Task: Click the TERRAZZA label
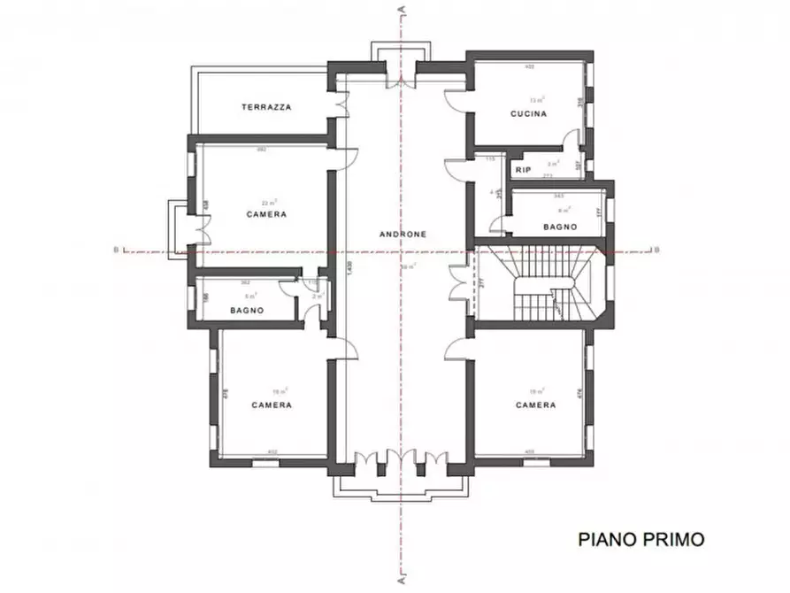266,107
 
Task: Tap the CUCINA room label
528,114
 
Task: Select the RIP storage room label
522,168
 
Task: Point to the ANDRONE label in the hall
403,235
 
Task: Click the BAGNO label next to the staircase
561,227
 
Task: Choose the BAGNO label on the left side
248,311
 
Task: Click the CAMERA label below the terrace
266,215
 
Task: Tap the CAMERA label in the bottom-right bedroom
536,404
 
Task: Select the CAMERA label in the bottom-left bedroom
272,405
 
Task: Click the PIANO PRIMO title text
641,538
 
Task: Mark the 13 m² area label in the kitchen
537,101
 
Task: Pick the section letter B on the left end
116,250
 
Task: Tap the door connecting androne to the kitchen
456,100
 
